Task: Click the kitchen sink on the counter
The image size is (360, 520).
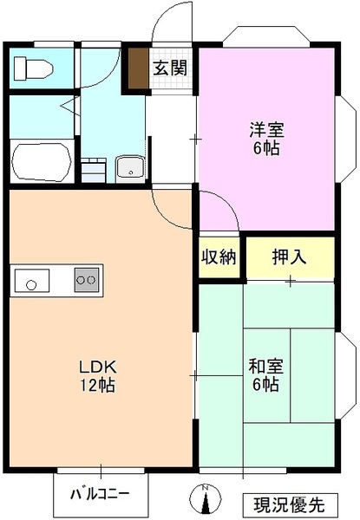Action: (32, 281)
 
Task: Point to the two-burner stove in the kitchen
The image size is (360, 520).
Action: (88, 280)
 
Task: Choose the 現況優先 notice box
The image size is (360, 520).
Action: (289, 503)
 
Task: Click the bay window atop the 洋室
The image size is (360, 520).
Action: (265, 37)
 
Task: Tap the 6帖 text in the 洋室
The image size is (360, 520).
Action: (265, 148)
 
